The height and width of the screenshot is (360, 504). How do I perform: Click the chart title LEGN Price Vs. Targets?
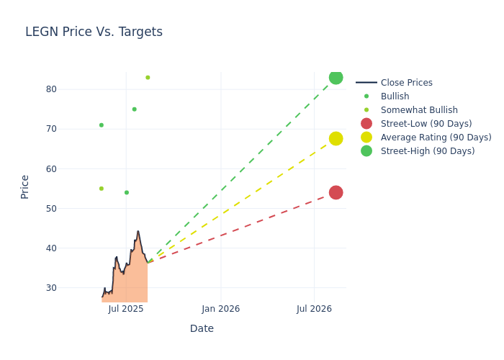(x=94, y=32)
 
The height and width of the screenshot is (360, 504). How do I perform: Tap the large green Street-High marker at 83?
(x=336, y=77)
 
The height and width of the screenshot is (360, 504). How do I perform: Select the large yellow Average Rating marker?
(x=336, y=138)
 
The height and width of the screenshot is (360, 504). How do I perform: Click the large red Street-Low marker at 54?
(x=336, y=192)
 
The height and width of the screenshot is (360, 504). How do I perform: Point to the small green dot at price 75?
(x=134, y=109)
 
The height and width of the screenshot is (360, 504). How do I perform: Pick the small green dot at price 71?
(x=101, y=125)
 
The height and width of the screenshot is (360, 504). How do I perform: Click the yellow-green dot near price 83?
(x=148, y=78)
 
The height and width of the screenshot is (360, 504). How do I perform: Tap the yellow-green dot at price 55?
(x=101, y=189)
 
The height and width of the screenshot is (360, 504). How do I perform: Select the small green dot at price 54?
(x=126, y=192)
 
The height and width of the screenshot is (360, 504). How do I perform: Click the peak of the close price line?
(x=138, y=231)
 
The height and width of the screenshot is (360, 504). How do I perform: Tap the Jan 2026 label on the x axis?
(x=220, y=309)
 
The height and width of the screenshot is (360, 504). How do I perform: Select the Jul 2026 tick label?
(x=314, y=309)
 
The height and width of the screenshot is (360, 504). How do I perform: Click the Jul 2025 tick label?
(x=126, y=309)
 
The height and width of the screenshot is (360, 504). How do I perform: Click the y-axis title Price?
(x=25, y=186)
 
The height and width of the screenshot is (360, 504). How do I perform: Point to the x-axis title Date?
(x=202, y=329)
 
